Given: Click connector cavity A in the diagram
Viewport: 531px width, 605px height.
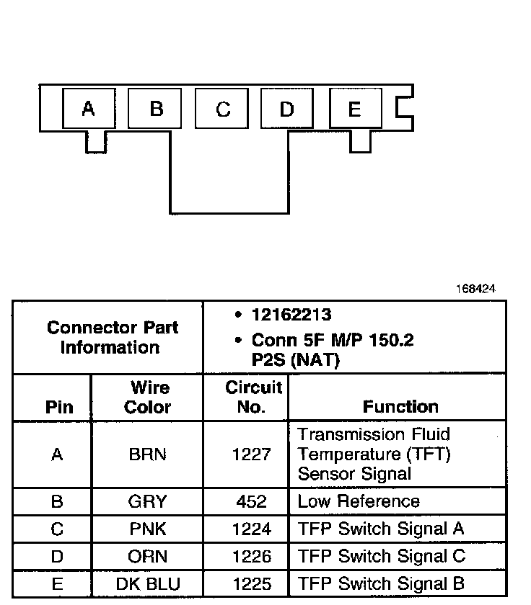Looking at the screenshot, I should click(x=88, y=109).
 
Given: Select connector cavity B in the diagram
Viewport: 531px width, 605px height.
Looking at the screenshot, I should click(x=156, y=109).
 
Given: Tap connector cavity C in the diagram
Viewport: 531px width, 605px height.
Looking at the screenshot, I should click(x=223, y=109).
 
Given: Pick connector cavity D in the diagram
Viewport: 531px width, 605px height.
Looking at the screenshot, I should click(x=286, y=109).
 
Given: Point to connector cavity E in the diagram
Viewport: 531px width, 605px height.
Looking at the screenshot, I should click(x=354, y=109).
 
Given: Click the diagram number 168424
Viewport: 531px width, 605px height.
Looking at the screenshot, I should click(x=475, y=289).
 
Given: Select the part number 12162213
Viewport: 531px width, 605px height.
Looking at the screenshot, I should click(x=291, y=315).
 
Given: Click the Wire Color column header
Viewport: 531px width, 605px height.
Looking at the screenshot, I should click(x=147, y=397).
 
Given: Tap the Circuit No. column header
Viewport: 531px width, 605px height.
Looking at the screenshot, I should click(x=253, y=397).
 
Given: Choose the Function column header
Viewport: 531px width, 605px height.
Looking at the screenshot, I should click(x=400, y=406).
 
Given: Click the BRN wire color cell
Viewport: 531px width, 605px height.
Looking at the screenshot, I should click(x=147, y=454).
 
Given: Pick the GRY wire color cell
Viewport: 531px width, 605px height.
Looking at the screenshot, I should click(x=147, y=501).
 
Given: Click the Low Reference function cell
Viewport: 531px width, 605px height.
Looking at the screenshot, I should click(x=359, y=501).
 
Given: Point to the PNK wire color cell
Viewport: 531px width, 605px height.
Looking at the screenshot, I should click(x=147, y=529).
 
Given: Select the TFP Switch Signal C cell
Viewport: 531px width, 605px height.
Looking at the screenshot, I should click(x=382, y=557).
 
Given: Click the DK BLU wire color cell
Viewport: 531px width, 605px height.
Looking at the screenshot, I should click(x=147, y=584).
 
